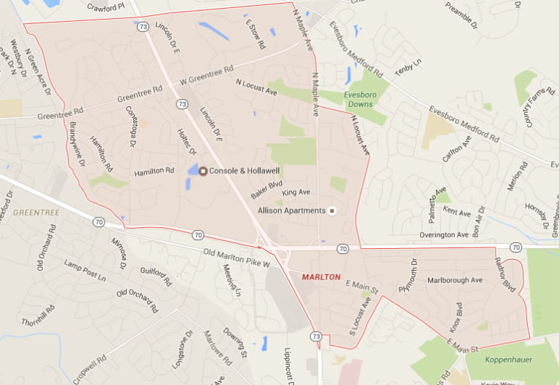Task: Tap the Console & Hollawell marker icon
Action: tap(203, 171)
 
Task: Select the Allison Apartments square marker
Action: tap(332, 211)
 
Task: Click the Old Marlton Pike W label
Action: tap(237, 258)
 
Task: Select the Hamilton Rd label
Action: tap(154, 172)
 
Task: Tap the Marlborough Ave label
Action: tap(455, 280)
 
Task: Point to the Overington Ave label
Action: tap(444, 235)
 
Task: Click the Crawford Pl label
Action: tap(107, 7)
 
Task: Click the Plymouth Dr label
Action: tap(408, 275)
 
